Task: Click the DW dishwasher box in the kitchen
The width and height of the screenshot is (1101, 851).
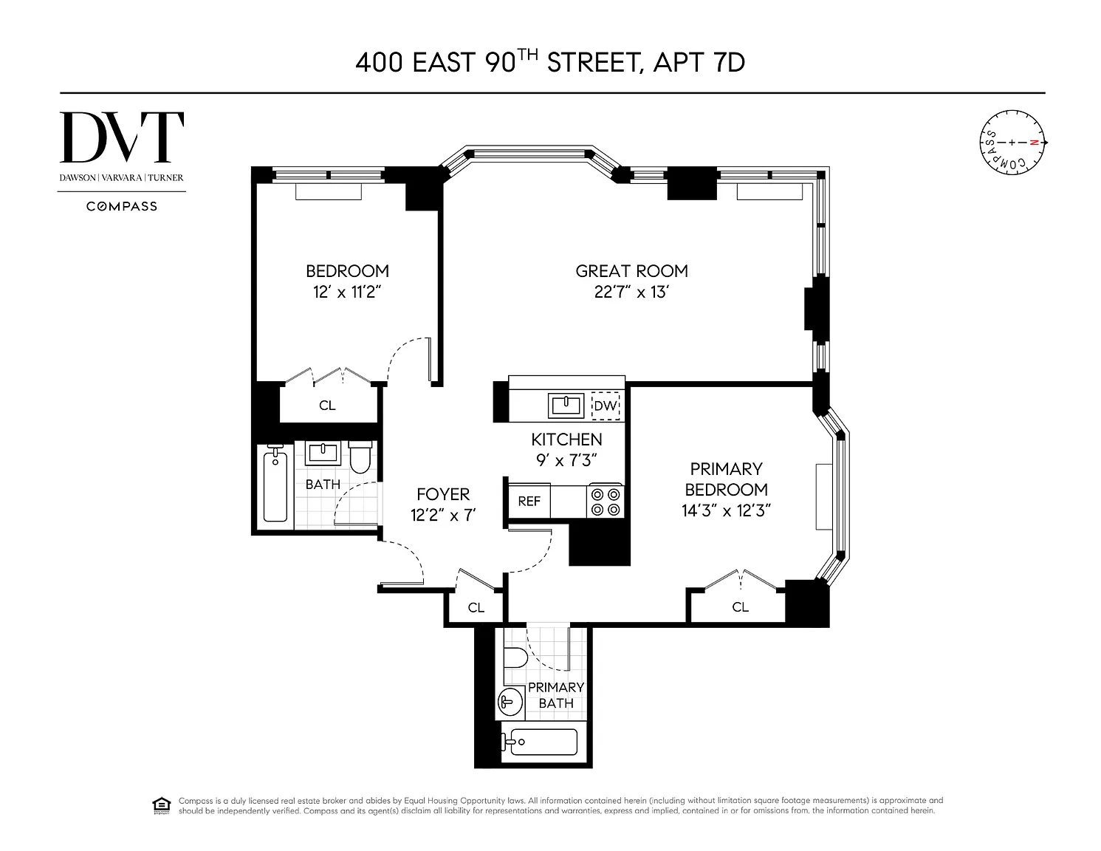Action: coord(606,406)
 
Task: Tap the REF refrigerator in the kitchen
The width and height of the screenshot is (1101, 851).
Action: coord(529,501)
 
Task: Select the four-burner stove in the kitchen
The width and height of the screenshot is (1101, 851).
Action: coord(605,501)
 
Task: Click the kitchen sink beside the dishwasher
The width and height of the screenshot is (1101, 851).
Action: coord(566,406)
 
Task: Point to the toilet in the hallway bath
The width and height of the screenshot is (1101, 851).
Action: coord(360,457)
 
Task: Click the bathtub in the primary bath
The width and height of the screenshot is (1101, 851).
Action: coord(540,742)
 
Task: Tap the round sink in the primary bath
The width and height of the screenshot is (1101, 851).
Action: coord(510,703)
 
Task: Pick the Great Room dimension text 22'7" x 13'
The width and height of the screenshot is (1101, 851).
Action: coord(631,293)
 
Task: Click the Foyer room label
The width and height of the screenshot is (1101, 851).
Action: coord(443,494)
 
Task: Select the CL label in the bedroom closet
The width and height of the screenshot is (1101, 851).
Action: coord(327,406)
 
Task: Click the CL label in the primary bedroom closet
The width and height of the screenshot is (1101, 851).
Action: coord(740,606)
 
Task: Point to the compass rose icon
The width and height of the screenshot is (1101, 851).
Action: coord(1012,143)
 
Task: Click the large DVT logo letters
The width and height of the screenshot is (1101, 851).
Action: coord(122,137)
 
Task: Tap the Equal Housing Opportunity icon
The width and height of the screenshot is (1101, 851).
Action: coord(161,806)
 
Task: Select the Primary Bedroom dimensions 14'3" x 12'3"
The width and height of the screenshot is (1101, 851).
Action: coord(726,510)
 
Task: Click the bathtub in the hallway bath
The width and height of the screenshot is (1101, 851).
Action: coord(275,487)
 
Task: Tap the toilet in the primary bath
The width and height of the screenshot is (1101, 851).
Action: coord(515,658)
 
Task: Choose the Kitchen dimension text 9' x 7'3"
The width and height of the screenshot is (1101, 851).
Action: coord(566,460)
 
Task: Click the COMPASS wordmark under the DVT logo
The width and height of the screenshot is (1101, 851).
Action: coord(122,206)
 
